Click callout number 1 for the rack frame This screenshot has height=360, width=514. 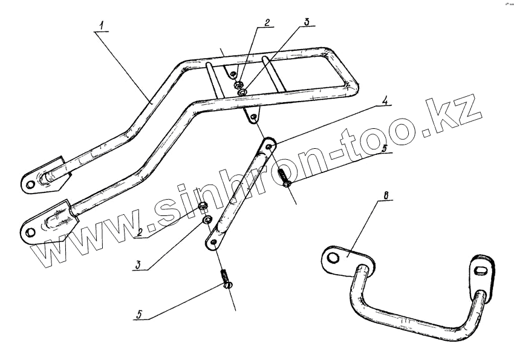102,25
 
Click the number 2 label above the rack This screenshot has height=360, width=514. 266,23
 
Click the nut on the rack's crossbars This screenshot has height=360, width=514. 240,83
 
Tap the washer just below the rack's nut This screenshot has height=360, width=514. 242,93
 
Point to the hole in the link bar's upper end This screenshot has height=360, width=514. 268,146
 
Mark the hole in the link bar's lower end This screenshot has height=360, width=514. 212,243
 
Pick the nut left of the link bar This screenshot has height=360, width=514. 204,208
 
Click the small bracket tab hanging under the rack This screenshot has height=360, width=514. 252,116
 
